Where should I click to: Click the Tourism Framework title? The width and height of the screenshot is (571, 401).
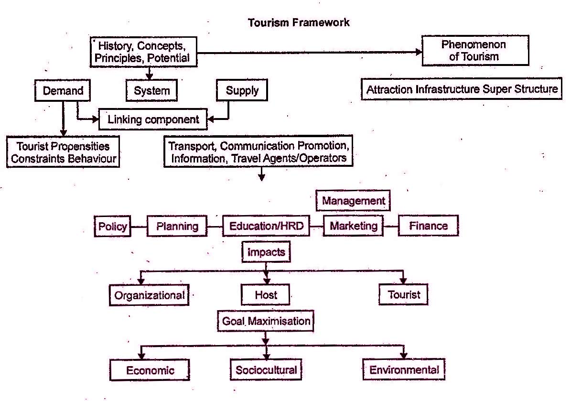pos(299,22)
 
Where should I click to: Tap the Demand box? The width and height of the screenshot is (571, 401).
pos(63,91)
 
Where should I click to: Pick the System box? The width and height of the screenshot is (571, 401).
pos(152,91)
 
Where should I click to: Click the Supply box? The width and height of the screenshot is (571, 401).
pos(242,91)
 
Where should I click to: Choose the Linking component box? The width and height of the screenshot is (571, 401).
pos(153,119)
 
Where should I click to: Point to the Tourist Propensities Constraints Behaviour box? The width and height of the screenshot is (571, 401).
pos(63,152)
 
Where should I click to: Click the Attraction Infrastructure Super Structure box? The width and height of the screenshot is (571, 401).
pos(462,89)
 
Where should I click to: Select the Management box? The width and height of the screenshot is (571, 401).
pos(353,201)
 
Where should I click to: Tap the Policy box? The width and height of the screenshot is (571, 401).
pos(113,226)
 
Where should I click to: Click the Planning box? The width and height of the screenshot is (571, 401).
pos(177,226)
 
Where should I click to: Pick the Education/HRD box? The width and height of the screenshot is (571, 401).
pos(266,226)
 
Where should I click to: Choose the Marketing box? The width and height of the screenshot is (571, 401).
pos(353,226)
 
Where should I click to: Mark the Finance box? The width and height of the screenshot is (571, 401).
pos(428,226)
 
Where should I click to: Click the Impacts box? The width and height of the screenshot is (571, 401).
pos(266,252)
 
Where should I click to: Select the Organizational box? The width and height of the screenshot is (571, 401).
pos(149,295)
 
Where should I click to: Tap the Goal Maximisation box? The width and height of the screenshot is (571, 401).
pos(266,321)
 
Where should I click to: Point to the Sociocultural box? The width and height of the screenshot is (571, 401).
pos(266,370)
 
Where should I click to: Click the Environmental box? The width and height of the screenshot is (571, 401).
pos(404,370)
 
